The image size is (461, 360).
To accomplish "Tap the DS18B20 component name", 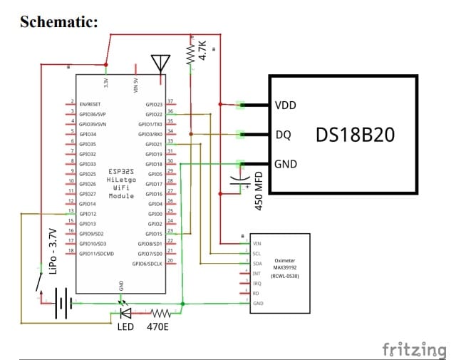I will [354, 134].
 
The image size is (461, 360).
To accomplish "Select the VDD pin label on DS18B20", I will [285, 106].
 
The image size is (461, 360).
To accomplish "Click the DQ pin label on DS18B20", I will [282, 134].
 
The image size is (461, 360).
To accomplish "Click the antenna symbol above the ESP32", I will [160, 63].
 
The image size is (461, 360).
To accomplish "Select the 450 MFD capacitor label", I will [259, 190].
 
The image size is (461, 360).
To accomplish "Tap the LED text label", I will [125, 327].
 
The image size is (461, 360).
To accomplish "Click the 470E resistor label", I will [158, 327].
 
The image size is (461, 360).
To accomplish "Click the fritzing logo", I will [415, 349].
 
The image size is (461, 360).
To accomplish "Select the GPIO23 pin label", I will [153, 104].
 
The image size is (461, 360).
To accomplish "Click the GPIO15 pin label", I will [153, 234].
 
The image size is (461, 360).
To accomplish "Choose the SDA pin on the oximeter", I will [257, 263].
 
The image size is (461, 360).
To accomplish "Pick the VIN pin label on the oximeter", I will [257, 243].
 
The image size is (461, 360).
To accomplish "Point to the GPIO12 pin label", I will [88, 214].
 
